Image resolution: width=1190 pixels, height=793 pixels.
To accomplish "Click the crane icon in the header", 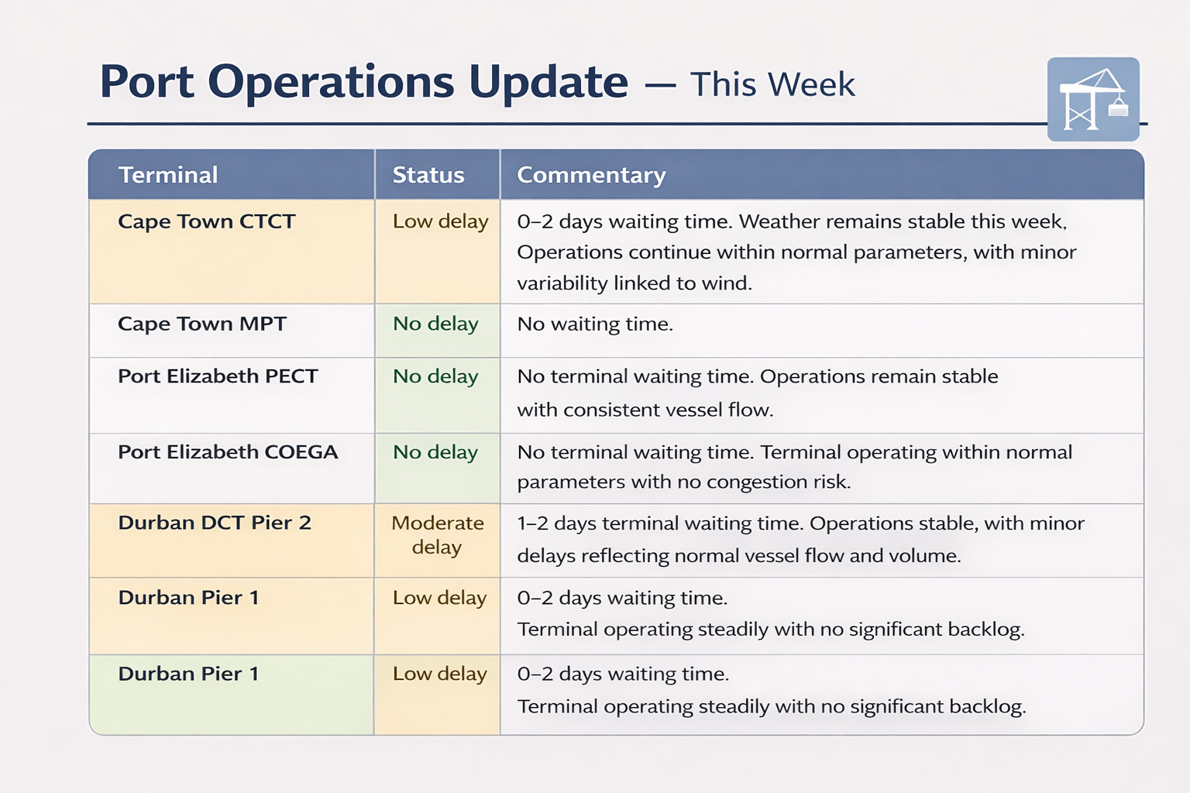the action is [1093, 99].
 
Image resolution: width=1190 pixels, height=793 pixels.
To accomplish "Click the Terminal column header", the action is [168, 175].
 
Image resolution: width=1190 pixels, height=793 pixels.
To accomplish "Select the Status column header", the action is [428, 175].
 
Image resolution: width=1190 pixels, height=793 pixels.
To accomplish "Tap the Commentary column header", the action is [591, 175].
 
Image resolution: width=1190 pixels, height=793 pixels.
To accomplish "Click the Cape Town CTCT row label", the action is [207, 221].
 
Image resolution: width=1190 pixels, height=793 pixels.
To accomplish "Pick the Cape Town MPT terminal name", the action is [202, 324].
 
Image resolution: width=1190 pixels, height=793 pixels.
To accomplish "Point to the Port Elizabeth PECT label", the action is [218, 376].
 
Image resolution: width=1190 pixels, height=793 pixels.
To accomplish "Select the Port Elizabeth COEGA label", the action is [228, 452].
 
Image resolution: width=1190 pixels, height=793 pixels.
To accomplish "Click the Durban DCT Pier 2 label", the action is [214, 523].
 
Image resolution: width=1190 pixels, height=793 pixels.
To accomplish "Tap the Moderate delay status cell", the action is [437, 535].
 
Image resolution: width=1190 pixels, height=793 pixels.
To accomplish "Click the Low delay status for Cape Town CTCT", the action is [440, 221].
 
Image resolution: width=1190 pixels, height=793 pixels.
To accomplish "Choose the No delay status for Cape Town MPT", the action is [435, 324].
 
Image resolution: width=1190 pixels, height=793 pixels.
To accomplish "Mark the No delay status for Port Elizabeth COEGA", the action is [435, 452].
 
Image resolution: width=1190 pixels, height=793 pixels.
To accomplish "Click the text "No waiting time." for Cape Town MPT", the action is [595, 324].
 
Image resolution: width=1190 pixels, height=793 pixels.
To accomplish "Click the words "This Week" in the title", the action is [772, 84].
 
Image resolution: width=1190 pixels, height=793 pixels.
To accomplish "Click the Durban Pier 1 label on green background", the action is [188, 674].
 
